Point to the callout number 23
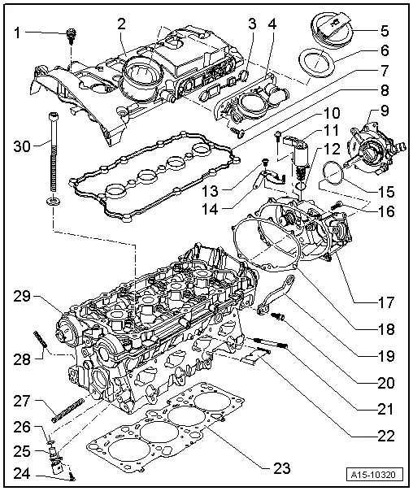280,467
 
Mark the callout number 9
385,111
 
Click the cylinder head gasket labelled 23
171,439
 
